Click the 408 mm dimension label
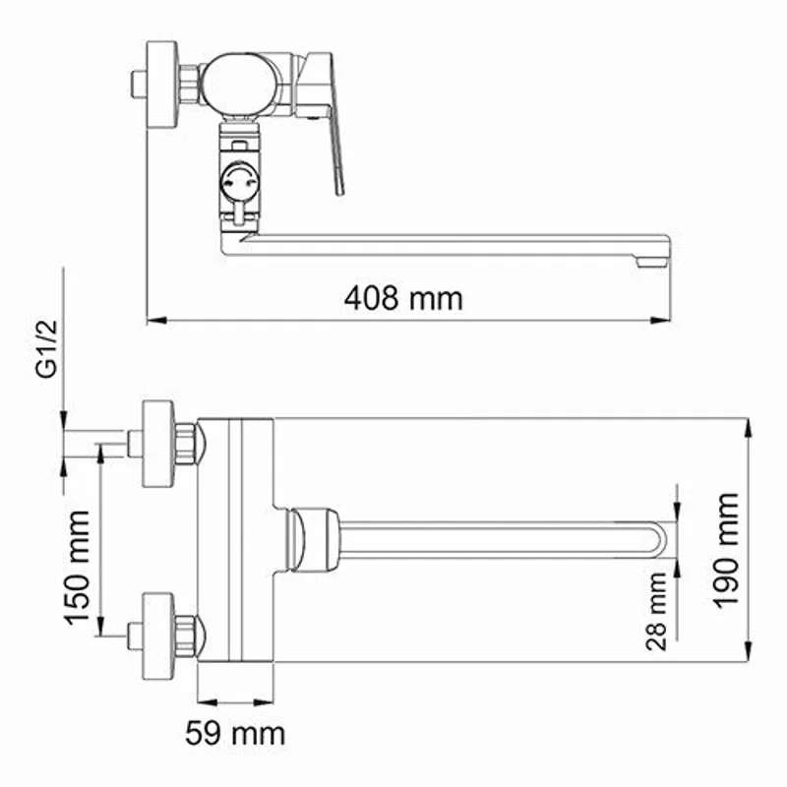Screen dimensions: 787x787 [403, 297]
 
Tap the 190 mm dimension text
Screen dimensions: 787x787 [727, 551]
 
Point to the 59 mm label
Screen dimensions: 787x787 [235, 732]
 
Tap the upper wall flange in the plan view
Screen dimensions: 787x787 [159, 444]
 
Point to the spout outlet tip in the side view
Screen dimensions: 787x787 [650, 261]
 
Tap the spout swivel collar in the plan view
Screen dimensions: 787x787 [313, 538]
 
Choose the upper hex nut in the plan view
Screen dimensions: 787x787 [187, 444]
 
